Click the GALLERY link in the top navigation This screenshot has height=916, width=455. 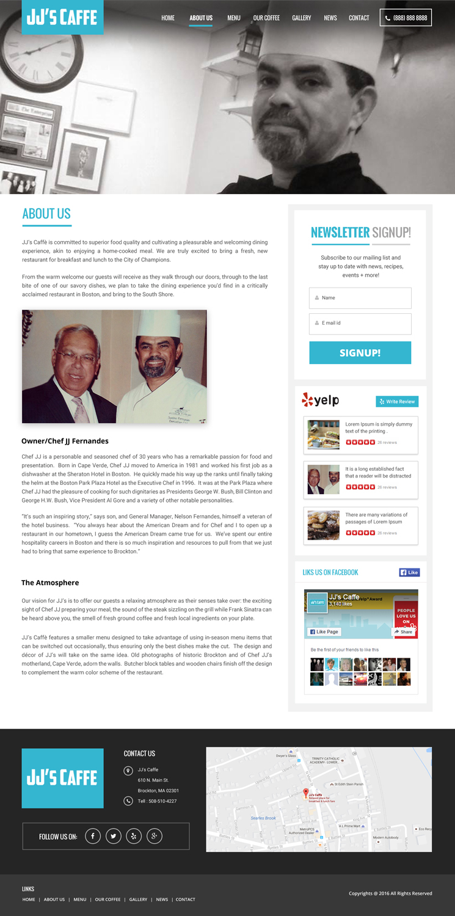[x=301, y=18]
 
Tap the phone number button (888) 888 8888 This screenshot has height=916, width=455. [x=406, y=18]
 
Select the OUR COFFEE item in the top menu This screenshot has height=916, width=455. [x=266, y=18]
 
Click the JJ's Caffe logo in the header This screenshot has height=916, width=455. [x=62, y=17]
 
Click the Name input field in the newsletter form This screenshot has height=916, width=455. [x=360, y=298]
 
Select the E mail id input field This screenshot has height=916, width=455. [x=360, y=323]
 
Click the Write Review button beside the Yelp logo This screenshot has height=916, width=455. [x=397, y=401]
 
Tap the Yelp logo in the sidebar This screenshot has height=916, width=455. [x=320, y=400]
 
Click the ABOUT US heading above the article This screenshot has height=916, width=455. [x=46, y=214]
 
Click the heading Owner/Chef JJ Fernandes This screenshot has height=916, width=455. [x=65, y=441]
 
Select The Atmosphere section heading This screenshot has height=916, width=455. [x=50, y=583]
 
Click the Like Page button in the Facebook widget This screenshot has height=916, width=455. [x=324, y=631]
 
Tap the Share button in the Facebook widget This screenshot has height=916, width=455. [x=403, y=632]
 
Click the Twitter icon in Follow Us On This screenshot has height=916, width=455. [x=114, y=836]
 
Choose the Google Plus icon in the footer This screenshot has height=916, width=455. [x=155, y=836]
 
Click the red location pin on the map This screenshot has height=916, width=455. [x=306, y=793]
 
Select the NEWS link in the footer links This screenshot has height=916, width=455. [x=162, y=900]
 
